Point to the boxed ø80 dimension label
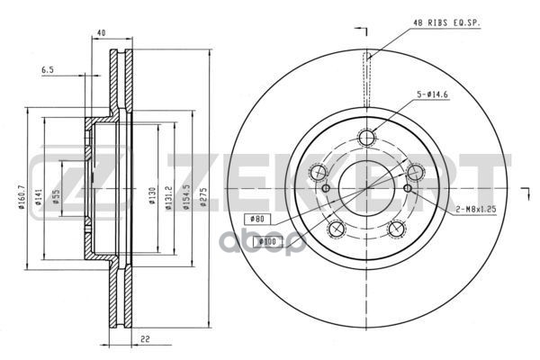(256, 218)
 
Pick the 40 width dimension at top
(100, 34)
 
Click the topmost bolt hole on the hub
(366, 138)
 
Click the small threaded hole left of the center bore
(327, 187)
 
